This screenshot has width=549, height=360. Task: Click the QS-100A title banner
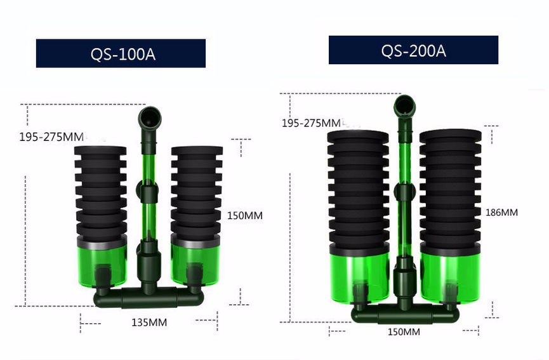[x=121, y=53]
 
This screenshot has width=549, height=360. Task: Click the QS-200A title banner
[x=413, y=50]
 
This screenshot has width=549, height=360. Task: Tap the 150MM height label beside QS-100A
[x=244, y=215]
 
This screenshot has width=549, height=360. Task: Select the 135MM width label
[x=149, y=322]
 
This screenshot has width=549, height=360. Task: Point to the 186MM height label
[x=501, y=212]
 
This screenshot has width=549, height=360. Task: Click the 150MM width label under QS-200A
[x=404, y=331]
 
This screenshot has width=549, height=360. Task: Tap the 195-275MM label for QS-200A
[x=311, y=123]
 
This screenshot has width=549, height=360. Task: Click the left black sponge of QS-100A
[x=100, y=191]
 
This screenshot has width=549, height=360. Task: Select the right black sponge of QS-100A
[x=195, y=191]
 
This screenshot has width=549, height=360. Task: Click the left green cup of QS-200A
[x=358, y=273]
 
